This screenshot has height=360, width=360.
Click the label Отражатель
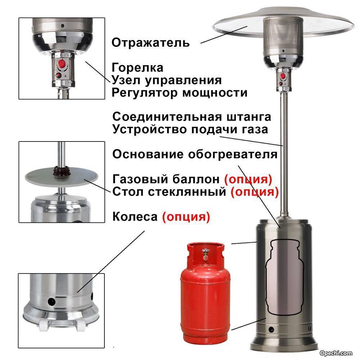tap(150, 43)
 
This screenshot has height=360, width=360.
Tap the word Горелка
tap(138, 68)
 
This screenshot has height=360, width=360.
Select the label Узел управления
tap(167, 80)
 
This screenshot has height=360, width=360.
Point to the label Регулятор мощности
tap(180, 93)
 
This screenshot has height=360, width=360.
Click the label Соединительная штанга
tap(192, 117)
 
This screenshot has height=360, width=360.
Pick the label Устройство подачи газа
tap(190, 129)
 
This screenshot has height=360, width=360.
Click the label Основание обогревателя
tap(195, 154)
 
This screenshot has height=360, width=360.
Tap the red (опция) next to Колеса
tap(186, 216)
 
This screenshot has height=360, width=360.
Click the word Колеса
tap(135, 216)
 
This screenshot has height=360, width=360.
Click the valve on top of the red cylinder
tap(206, 254)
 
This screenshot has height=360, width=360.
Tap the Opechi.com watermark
tap(336, 353)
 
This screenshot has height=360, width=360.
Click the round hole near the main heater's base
tap(271, 330)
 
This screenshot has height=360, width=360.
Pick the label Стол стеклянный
tap(170, 192)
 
